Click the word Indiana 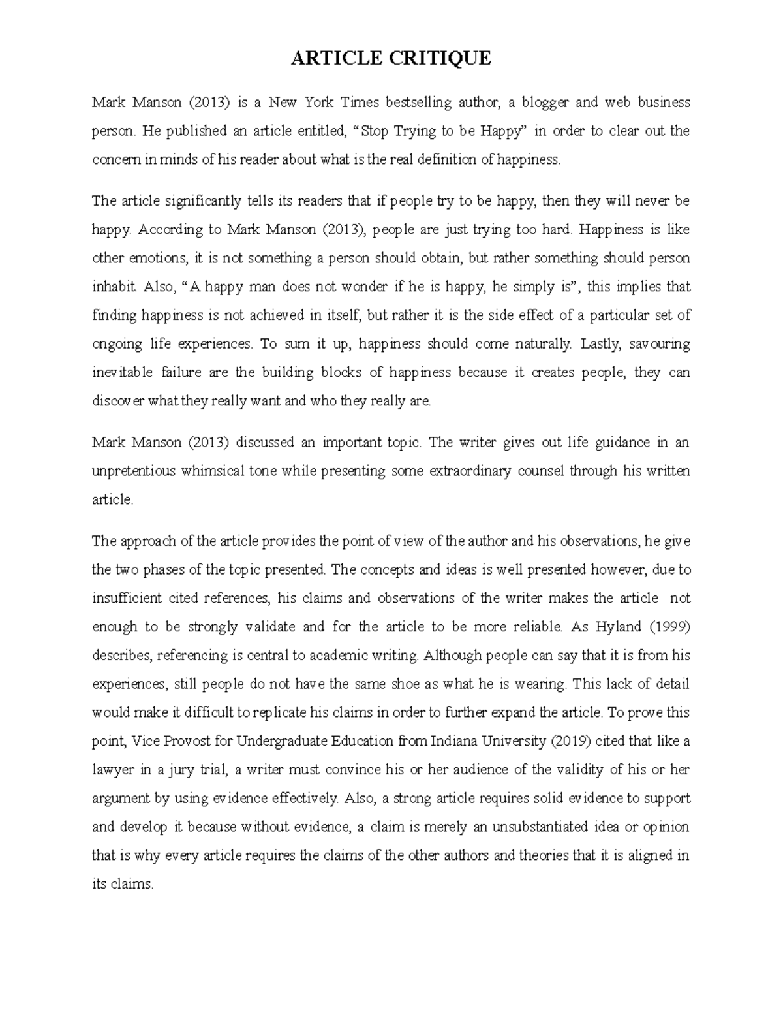454,741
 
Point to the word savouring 660,344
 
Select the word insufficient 123,598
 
